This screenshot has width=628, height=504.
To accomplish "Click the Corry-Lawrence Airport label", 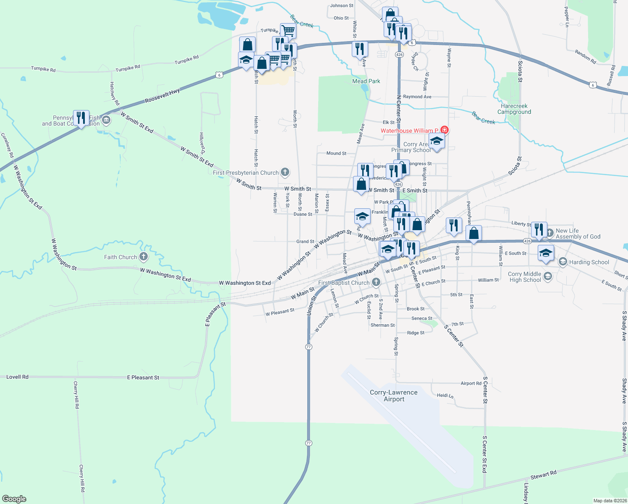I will pos(394,396).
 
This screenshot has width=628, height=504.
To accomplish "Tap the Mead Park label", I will pos(366,81).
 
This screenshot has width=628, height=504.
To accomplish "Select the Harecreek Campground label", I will pos(514,109).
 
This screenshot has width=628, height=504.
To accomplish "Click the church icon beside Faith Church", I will pos(144,257).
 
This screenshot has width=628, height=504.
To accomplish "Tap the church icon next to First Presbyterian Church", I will pos(285,172).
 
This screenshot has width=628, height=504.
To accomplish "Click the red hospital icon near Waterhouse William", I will pos(445,130).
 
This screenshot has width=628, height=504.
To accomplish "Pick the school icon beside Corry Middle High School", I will pos(547,276).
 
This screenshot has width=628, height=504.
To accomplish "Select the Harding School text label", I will pos(589,262).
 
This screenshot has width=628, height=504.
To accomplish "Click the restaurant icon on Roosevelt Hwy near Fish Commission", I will pos(81,118).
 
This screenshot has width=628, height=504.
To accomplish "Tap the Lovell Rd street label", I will pos(17,377).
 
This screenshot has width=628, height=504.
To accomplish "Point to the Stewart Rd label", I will pos(543,475).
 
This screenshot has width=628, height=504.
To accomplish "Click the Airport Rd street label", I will pos(471,383).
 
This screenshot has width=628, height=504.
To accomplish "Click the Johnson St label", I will pos(342,5).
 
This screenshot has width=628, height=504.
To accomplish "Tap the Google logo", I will pos(14,499).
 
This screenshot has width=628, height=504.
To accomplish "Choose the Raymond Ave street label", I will pos(417,97).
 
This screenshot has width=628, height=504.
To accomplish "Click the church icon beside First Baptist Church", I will pos(377,282).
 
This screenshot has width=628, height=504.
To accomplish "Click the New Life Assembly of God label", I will pos(578,234).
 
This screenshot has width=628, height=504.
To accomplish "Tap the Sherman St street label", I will pos(382,325).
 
